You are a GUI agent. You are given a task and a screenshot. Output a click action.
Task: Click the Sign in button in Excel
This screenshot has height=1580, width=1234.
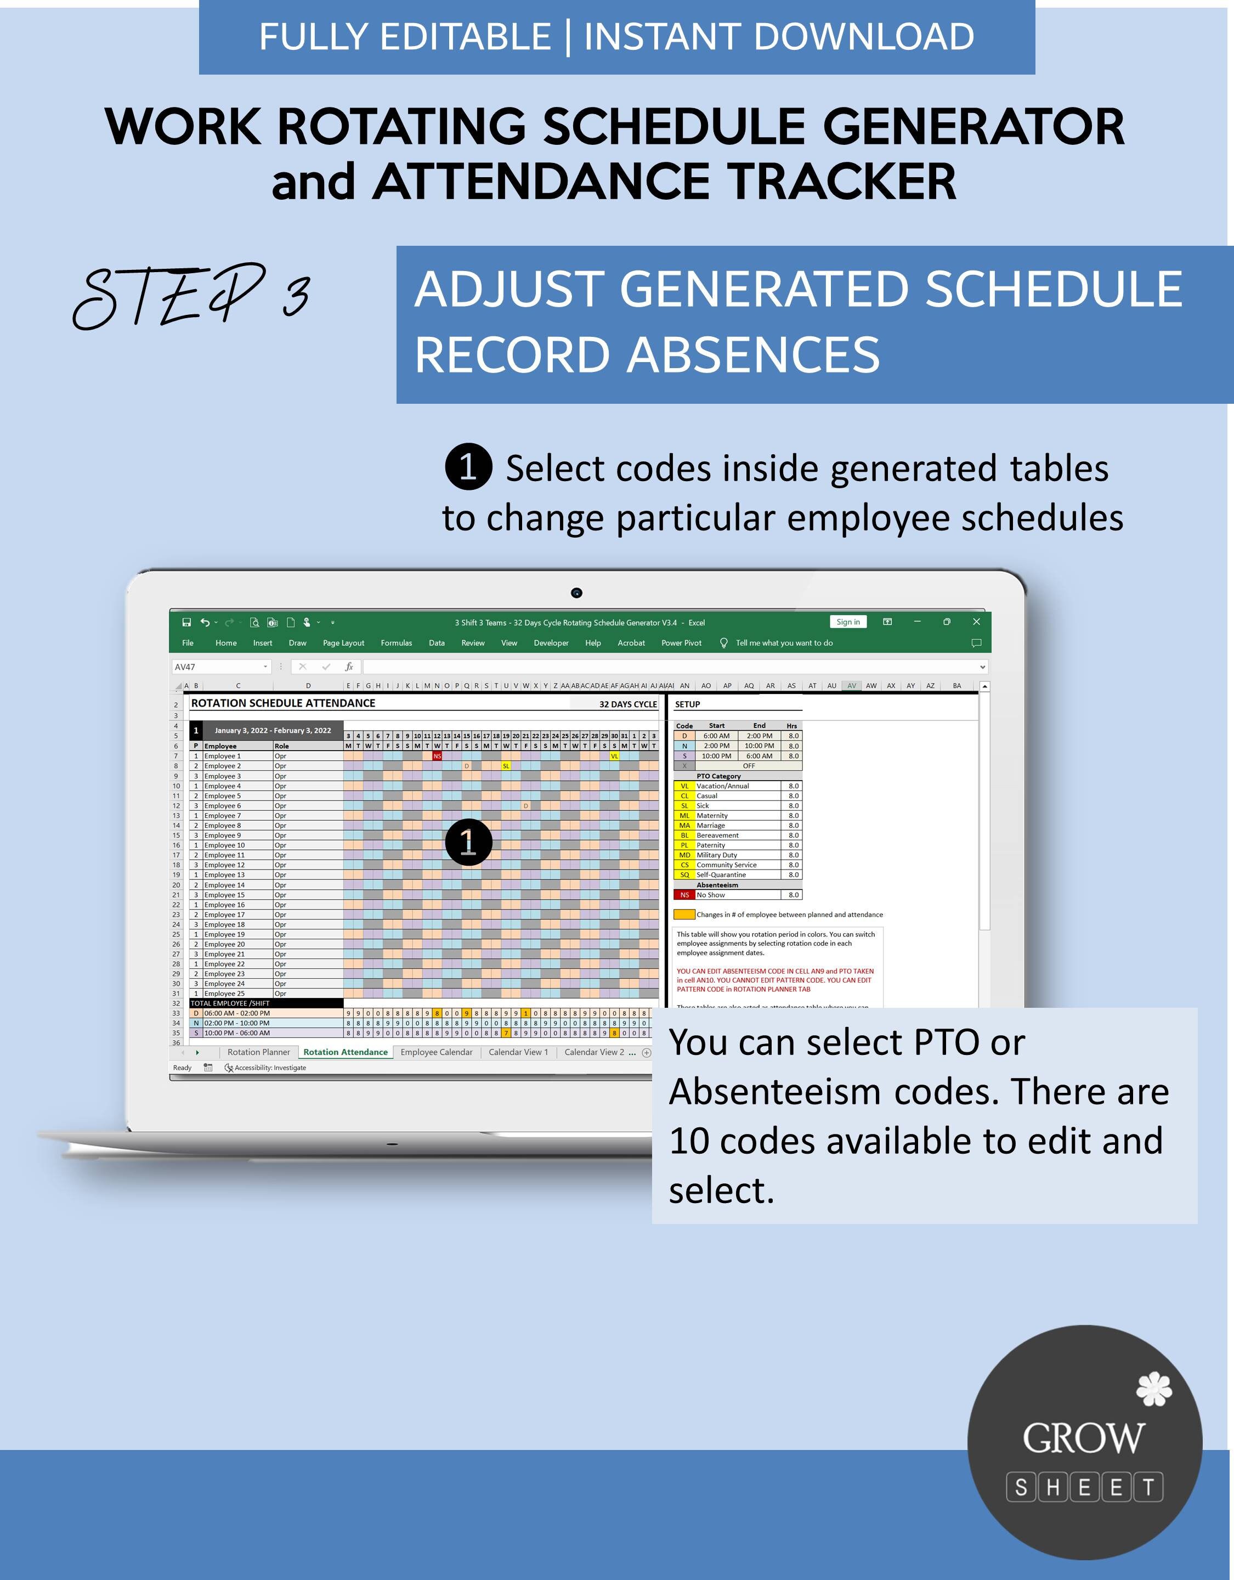click(848, 622)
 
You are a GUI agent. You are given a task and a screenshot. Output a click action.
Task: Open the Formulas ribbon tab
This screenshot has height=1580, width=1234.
click(397, 643)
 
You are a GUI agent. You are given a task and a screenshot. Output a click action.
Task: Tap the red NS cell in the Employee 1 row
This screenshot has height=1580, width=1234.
click(437, 756)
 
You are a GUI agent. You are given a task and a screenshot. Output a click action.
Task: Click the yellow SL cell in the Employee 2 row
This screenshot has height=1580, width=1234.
click(506, 766)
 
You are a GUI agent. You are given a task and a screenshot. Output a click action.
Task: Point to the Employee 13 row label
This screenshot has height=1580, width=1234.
click(224, 874)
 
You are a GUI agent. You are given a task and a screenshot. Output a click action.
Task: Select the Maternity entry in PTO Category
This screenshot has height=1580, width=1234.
click(712, 815)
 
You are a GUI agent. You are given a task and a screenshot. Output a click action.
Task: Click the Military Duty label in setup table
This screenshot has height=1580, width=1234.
click(717, 855)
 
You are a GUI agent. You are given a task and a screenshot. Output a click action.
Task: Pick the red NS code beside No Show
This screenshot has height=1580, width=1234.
click(684, 895)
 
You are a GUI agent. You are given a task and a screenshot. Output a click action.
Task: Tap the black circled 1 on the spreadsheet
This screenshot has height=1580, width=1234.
click(468, 842)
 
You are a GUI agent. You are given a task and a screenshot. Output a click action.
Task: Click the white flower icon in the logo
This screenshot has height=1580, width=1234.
click(1154, 1389)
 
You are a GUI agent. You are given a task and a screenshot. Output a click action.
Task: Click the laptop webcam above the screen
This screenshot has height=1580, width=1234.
click(576, 593)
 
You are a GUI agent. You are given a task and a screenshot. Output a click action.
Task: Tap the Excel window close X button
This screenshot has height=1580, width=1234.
click(976, 622)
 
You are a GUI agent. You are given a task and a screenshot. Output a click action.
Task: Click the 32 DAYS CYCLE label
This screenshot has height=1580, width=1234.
click(628, 704)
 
